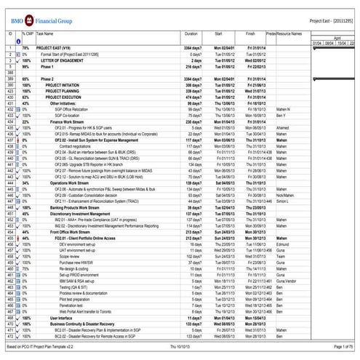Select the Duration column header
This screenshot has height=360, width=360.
click(191, 34)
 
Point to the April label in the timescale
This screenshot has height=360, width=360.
click(336, 38)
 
